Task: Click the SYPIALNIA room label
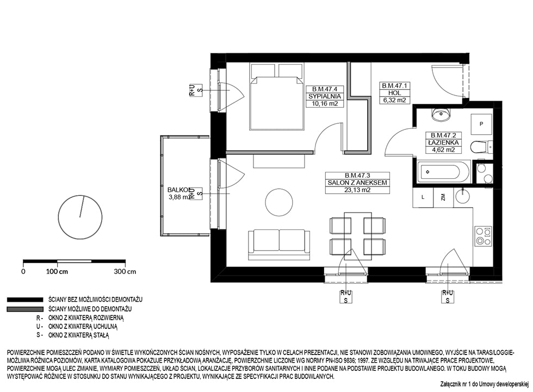tap(324, 96)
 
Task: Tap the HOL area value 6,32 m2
tap(395, 100)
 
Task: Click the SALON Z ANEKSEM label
tap(357, 183)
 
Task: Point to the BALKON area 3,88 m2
tap(179, 197)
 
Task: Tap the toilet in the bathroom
tap(481, 147)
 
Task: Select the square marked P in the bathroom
tap(481, 124)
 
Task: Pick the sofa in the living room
tap(279, 245)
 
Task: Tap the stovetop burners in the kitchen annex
tap(483, 236)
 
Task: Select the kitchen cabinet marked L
tap(423, 197)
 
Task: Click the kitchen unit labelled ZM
tap(443, 197)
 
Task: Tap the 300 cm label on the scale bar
tap(125, 271)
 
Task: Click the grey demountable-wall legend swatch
tap(25, 309)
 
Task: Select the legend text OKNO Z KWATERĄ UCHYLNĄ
tap(83, 326)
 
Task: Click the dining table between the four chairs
tap(358, 236)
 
